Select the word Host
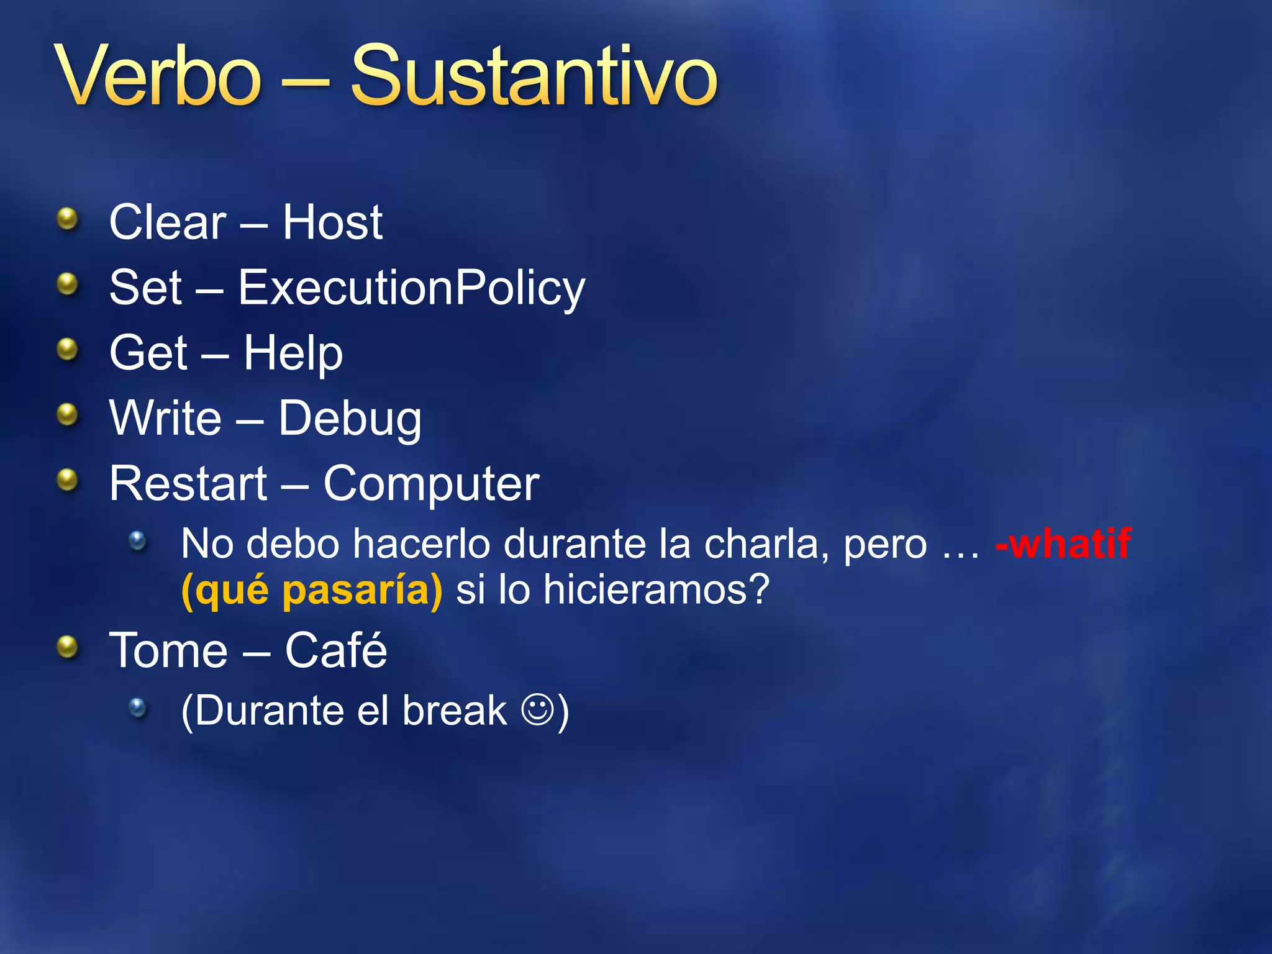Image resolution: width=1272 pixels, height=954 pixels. point(333,222)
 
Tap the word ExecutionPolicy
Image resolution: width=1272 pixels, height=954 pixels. point(412,289)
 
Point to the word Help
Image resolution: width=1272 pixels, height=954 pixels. point(293,353)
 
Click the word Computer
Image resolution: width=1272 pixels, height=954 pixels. point(431,484)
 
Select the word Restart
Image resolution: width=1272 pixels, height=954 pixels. point(188,484)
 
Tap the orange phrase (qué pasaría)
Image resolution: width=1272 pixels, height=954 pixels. point(312,589)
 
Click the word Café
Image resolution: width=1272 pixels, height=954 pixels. point(336,650)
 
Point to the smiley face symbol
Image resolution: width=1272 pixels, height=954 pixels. point(537,709)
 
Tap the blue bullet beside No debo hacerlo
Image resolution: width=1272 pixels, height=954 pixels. point(138,540)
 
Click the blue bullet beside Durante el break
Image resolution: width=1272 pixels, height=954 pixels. point(138,707)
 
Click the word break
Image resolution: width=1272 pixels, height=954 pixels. point(455,711)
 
